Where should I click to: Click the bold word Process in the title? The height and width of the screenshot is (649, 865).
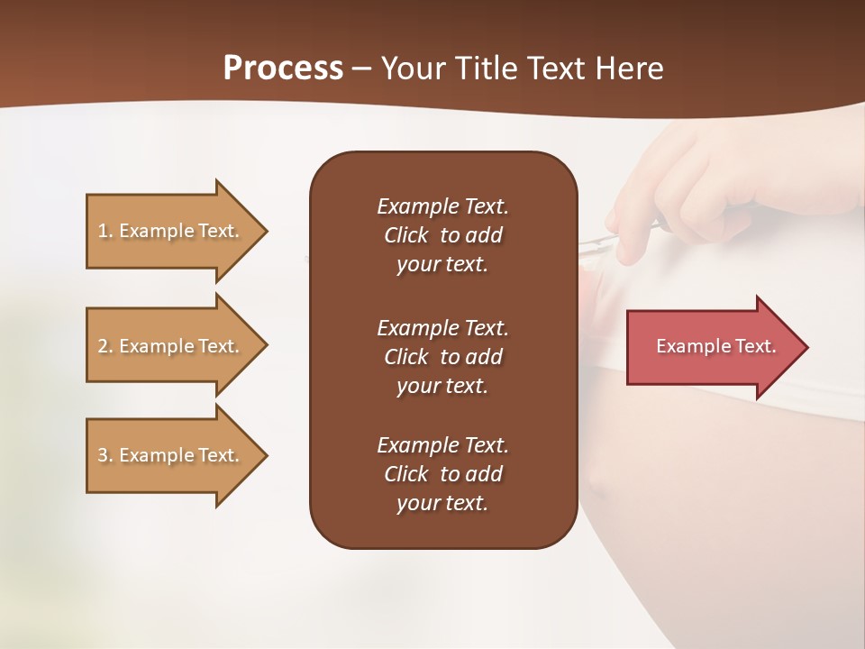pyautogui.click(x=283, y=69)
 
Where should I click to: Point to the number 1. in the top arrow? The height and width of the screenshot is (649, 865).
pyautogui.click(x=105, y=231)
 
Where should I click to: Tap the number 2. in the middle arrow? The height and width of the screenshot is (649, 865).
pyautogui.click(x=105, y=346)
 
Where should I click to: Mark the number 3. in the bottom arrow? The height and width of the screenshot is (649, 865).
pyautogui.click(x=105, y=455)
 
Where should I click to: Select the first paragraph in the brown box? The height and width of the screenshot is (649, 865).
pyautogui.click(x=442, y=235)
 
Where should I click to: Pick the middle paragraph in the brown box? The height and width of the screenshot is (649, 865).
pyautogui.click(x=442, y=356)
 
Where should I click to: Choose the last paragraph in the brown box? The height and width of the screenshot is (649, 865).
pyautogui.click(x=442, y=474)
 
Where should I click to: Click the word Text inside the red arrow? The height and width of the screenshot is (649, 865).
pyautogui.click(x=754, y=346)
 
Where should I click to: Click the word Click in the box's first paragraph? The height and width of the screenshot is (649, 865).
pyautogui.click(x=405, y=236)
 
